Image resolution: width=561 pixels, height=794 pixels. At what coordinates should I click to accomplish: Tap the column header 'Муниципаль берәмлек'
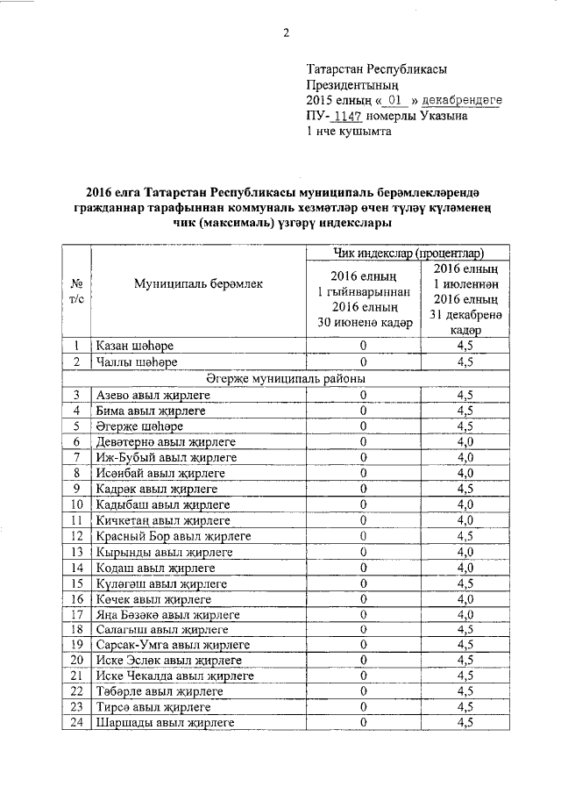pos(198,283)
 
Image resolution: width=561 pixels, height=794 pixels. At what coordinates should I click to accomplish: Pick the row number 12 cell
pos(77,535)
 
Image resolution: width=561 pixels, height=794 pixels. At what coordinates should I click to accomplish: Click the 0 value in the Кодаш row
pos(363,567)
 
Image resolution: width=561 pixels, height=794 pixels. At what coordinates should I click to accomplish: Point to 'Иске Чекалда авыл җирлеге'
pos(175,676)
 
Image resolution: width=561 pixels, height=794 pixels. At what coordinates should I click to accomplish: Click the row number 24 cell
pos(77,722)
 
